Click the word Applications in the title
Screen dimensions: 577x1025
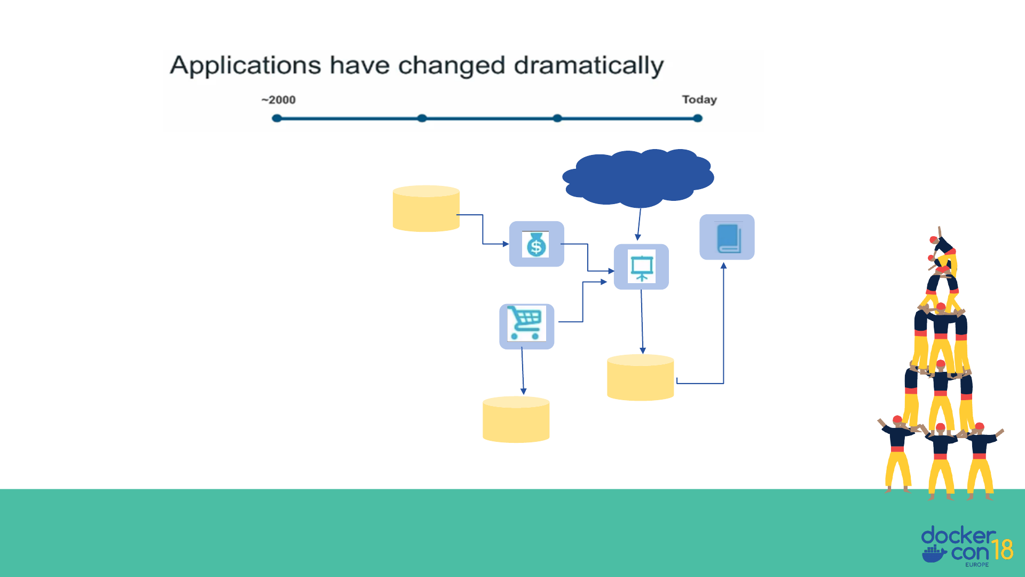click(x=245, y=66)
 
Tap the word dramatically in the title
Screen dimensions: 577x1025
click(x=588, y=66)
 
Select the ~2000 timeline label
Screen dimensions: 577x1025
click(x=278, y=100)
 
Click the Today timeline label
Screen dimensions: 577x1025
click(x=699, y=100)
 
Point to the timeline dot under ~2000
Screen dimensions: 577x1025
click(x=277, y=118)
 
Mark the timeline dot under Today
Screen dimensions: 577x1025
click(x=698, y=118)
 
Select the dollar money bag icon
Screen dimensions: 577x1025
click(x=536, y=245)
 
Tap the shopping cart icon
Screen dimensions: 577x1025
click(x=526, y=324)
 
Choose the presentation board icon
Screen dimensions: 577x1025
click(x=641, y=267)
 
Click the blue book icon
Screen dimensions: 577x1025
click(x=727, y=238)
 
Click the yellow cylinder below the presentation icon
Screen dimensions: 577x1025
click(x=640, y=378)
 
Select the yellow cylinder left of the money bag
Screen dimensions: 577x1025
click(x=426, y=208)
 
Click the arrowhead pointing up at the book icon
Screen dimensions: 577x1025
click(x=723, y=266)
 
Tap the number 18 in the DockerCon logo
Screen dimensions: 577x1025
click(x=1002, y=550)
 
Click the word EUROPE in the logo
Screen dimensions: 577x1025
click(x=976, y=565)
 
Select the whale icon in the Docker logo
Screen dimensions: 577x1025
click(x=934, y=554)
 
